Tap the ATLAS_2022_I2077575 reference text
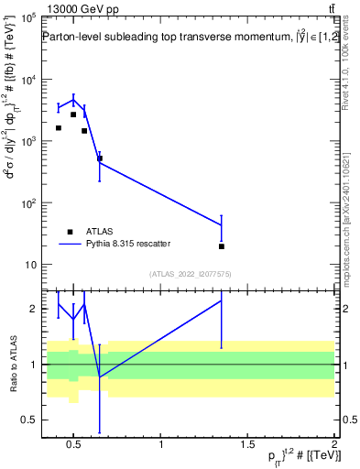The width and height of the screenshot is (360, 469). click(x=188, y=273)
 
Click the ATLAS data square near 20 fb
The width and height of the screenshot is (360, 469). click(x=222, y=246)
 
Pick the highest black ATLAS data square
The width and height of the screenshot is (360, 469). click(x=73, y=115)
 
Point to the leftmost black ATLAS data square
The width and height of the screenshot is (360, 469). click(x=59, y=128)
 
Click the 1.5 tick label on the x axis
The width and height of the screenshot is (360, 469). click(x=248, y=445)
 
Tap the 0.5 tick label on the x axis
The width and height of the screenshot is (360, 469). click(x=75, y=445)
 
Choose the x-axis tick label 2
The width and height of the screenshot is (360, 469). click(x=334, y=445)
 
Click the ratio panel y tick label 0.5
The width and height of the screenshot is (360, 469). click(x=29, y=420)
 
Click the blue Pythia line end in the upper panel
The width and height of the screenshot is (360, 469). click(x=222, y=224)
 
